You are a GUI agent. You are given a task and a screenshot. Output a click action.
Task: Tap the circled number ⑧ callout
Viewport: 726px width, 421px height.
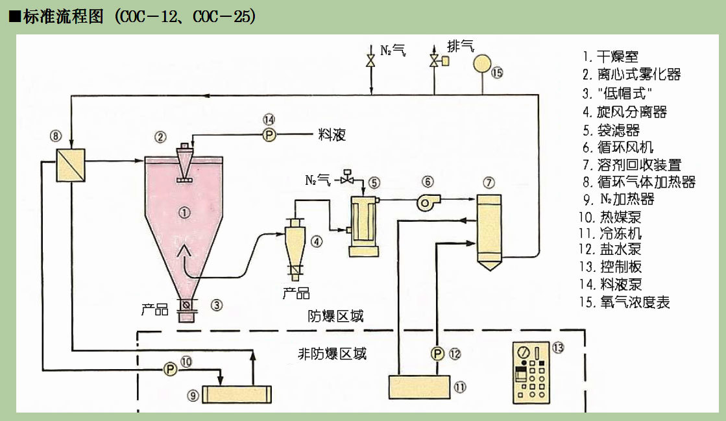56,136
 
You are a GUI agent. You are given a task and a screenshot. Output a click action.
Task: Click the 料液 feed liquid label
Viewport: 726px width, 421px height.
332,135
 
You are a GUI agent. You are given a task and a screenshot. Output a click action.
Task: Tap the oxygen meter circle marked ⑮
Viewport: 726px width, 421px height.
483,63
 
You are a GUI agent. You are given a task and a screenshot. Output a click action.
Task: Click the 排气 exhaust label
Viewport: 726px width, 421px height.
461,46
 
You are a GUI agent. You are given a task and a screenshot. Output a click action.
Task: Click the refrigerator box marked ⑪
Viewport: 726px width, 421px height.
420,387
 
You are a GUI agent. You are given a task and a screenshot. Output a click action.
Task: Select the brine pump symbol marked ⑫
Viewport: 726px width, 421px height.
437,354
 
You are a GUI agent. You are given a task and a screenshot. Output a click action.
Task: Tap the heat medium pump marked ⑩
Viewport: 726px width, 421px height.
170,369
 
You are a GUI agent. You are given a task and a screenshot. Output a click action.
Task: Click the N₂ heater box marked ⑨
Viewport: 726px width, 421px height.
237,394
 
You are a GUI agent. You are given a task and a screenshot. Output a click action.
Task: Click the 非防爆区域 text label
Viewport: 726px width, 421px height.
332,354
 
